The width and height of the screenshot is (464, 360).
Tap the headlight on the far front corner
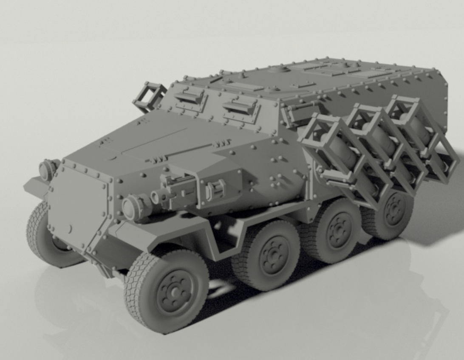coord(47,170)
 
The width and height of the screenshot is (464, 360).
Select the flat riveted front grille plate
coord(76,204)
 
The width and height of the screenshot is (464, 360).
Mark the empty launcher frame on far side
coord(149,97)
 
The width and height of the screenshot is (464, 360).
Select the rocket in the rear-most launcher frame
coord(419,127)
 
